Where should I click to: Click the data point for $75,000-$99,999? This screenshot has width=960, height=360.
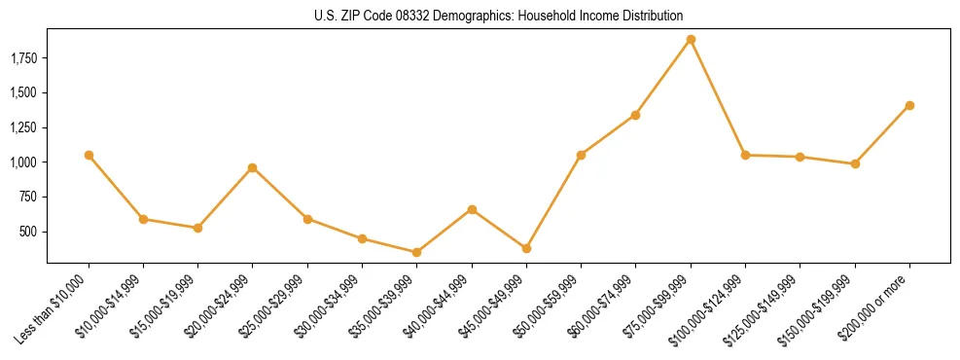click(x=691, y=40)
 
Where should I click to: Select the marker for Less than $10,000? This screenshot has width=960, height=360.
click(x=89, y=155)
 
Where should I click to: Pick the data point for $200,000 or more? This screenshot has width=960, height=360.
click(x=909, y=105)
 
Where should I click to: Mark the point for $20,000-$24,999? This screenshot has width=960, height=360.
click(x=253, y=167)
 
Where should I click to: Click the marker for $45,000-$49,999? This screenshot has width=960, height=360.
click(x=526, y=248)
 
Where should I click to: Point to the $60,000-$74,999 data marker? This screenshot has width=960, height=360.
click(x=636, y=115)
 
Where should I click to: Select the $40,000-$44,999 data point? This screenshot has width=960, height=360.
click(x=472, y=209)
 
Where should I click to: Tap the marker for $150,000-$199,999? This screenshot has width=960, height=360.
click(x=855, y=163)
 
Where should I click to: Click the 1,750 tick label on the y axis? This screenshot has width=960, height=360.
click(x=23, y=58)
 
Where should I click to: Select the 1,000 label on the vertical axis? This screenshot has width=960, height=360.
click(x=23, y=162)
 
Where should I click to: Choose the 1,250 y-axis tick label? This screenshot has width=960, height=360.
click(x=23, y=127)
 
